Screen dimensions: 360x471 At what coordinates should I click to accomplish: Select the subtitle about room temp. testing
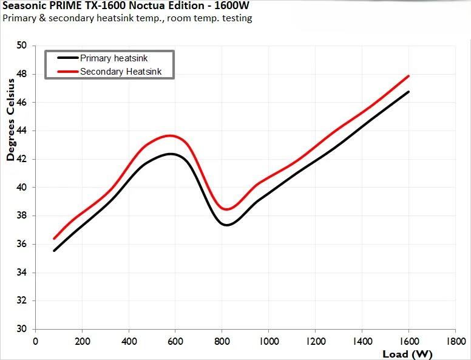tap(127, 18)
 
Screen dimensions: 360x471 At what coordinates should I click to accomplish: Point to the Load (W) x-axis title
tap(407, 353)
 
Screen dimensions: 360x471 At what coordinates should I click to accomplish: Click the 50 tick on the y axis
tap(22, 46)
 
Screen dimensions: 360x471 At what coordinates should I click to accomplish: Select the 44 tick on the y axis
tap(22, 131)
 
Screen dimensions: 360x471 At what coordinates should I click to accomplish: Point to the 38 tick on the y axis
tap(22, 216)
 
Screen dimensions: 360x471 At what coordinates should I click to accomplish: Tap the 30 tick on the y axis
tap(22, 329)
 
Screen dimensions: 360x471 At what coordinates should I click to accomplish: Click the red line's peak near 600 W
tap(170, 135)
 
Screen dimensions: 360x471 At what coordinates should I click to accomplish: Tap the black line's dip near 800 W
tap(226, 225)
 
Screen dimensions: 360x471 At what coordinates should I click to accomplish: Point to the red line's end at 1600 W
tap(408, 76)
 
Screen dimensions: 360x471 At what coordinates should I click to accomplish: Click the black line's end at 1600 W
tap(408, 92)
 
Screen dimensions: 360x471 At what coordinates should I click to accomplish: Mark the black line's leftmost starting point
tap(54, 250)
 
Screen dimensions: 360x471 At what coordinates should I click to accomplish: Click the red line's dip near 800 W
tap(227, 209)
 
